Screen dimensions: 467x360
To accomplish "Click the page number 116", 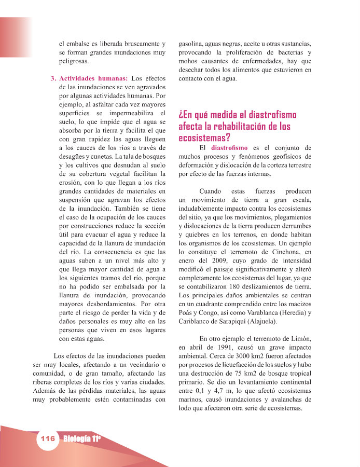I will click(47, 438).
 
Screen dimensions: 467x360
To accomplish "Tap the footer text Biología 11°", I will click(81, 438).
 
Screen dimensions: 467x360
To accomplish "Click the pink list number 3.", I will click(53, 78).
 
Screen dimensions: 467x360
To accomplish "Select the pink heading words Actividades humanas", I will click(94, 78).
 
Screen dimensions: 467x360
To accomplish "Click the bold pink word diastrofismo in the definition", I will click(229, 147).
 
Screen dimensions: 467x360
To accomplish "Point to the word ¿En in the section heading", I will click(187, 115).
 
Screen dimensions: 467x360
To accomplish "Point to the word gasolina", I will click(192, 44).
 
